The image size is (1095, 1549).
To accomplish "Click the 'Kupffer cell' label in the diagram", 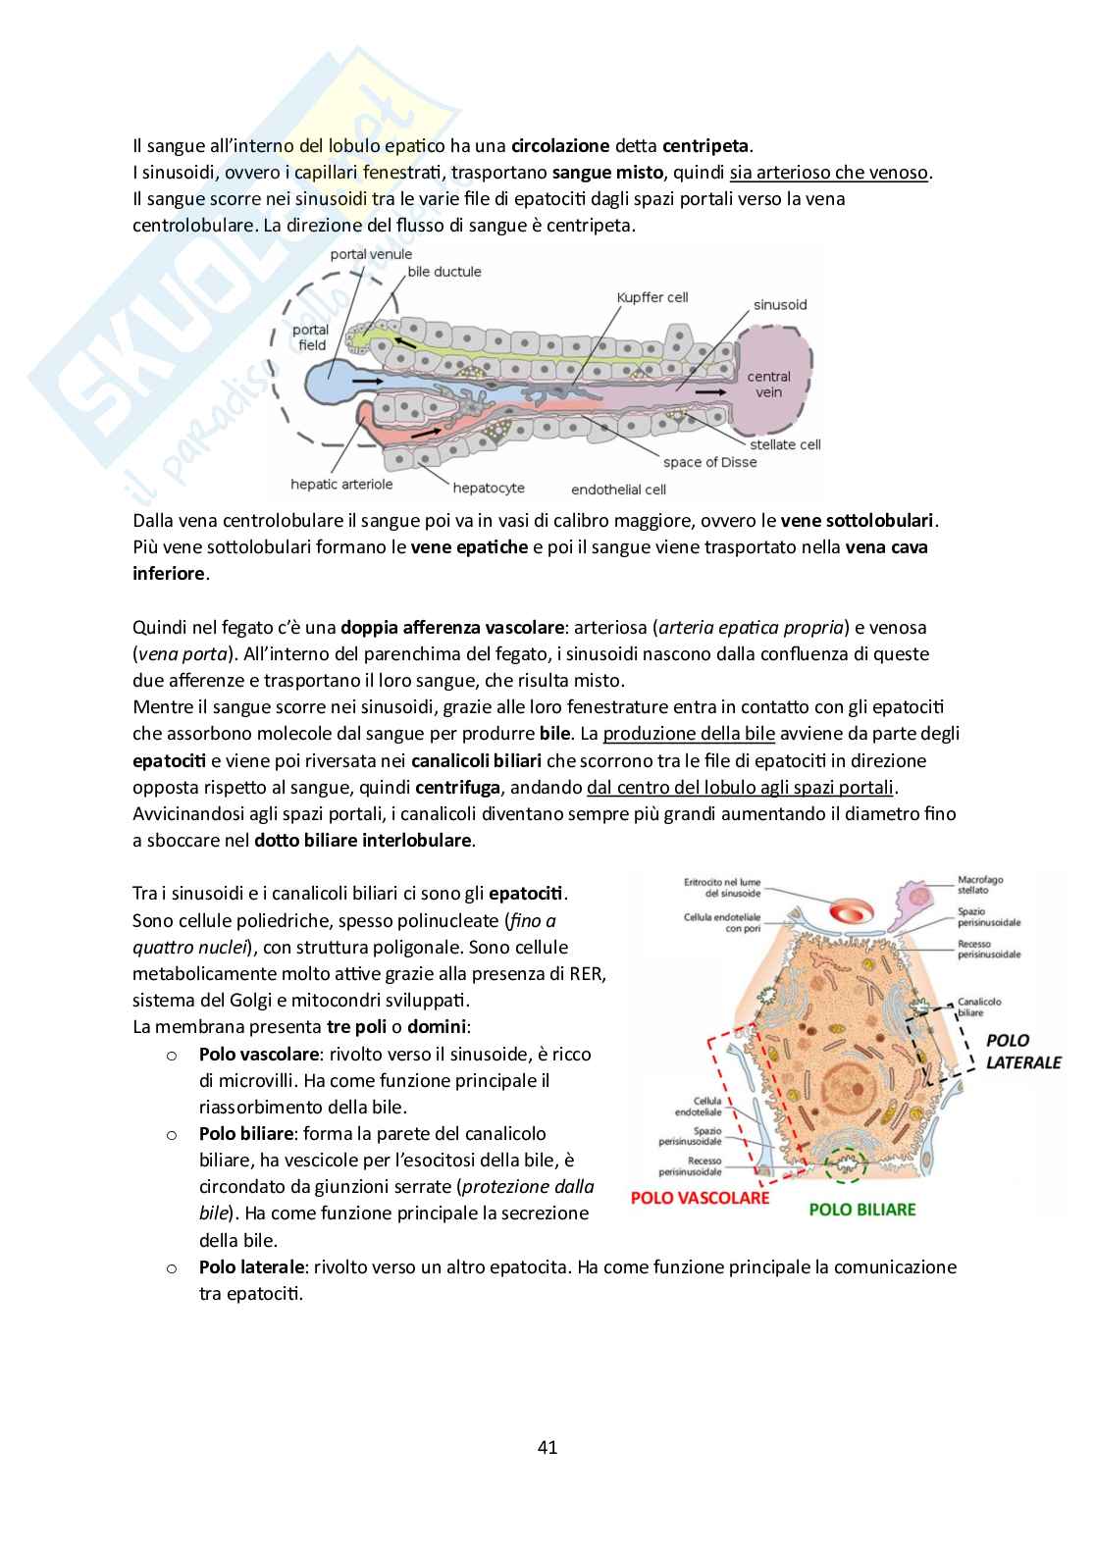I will pyautogui.click(x=652, y=297).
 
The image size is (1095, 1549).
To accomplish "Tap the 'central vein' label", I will pyautogui.click(x=768, y=384).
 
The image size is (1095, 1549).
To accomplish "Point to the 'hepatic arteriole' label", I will pyautogui.click(x=341, y=484).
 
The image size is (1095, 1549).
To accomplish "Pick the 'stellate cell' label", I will pyautogui.click(x=785, y=444).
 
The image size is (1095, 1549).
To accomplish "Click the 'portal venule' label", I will pyautogui.click(x=371, y=254).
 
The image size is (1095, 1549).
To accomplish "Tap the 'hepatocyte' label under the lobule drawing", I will pyautogui.click(x=489, y=487).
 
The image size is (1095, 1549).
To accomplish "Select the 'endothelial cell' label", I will pyautogui.click(x=618, y=489).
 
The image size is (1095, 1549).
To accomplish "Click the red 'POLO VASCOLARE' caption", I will pyautogui.click(x=700, y=1198).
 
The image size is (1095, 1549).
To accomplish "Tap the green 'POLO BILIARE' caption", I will pyautogui.click(x=861, y=1210).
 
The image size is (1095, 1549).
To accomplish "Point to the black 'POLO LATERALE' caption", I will pyautogui.click(x=1023, y=1051).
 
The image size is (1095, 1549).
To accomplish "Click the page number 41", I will pyautogui.click(x=547, y=1447).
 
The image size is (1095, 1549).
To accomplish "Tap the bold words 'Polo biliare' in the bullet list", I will pyautogui.click(x=246, y=1133).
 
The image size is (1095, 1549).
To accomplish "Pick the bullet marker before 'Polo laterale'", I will pyautogui.click(x=171, y=1267).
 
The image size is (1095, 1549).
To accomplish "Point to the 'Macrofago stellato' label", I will pyautogui.click(x=979, y=886).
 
